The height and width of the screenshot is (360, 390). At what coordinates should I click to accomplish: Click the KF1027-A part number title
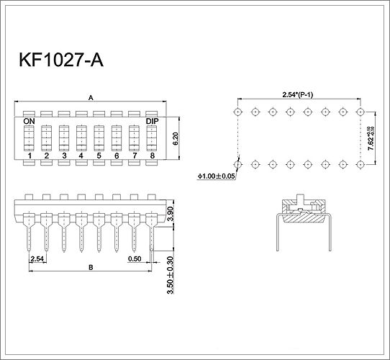(61, 60)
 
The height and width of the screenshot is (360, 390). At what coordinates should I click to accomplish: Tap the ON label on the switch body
(29, 121)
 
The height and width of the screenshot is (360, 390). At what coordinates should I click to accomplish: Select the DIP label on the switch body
(152, 121)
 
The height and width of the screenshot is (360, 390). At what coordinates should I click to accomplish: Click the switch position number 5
(99, 156)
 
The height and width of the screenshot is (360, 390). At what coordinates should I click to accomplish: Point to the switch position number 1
(30, 156)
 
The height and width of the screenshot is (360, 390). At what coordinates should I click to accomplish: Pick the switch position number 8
(153, 156)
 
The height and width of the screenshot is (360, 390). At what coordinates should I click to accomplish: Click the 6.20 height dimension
(175, 138)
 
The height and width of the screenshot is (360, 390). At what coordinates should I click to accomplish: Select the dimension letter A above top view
(91, 98)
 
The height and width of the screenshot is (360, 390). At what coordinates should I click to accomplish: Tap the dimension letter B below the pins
(91, 267)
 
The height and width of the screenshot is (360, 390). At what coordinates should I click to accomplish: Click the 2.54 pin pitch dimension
(37, 259)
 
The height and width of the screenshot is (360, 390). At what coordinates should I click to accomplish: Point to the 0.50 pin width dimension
(135, 259)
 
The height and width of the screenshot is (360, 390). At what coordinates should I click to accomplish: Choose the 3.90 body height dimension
(170, 214)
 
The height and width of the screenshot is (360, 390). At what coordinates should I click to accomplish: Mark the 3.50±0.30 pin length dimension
(170, 275)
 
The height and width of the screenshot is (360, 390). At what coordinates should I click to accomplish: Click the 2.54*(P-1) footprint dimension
(297, 94)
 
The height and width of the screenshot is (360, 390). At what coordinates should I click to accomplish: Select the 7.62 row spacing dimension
(371, 138)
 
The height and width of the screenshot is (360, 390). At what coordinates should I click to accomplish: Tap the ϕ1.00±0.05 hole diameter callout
(216, 176)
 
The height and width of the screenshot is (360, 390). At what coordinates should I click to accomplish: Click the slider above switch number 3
(64, 138)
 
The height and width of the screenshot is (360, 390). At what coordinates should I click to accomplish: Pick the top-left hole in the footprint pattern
(238, 112)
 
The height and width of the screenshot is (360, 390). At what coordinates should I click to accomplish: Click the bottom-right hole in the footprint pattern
(360, 165)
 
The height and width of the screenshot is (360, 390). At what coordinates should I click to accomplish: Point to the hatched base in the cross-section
(304, 218)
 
